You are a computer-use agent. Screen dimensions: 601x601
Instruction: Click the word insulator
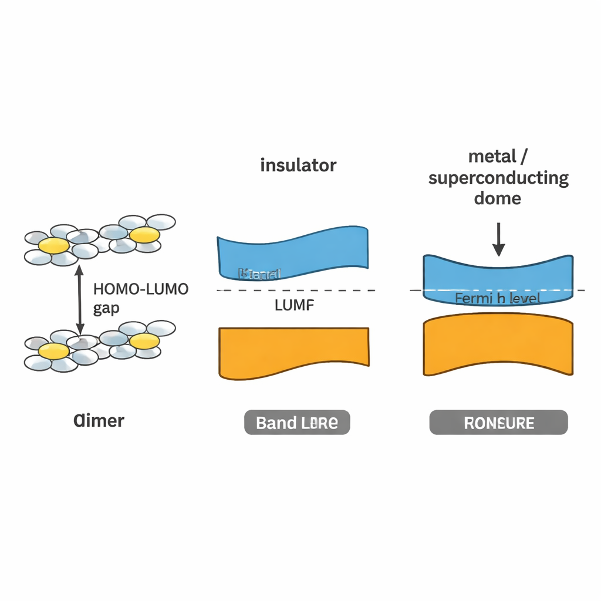point(298,165)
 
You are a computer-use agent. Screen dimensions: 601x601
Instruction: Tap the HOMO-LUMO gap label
point(141,299)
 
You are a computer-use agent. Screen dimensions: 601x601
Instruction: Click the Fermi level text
point(498,299)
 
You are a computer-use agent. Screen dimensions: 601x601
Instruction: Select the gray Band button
point(296,423)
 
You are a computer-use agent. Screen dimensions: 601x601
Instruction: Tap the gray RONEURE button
point(498,423)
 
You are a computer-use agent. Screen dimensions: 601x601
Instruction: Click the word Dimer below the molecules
point(99,421)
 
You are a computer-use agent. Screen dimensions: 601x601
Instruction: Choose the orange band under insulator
point(293,352)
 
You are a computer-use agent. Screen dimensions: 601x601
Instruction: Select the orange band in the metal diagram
point(498,346)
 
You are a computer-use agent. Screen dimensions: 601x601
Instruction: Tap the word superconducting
point(498,178)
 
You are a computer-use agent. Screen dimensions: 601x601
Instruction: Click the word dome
point(498,198)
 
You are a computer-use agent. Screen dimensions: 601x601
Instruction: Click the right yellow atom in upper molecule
point(144,235)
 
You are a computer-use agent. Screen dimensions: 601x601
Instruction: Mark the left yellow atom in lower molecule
point(54,351)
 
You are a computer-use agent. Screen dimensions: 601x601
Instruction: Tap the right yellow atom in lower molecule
point(144,340)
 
